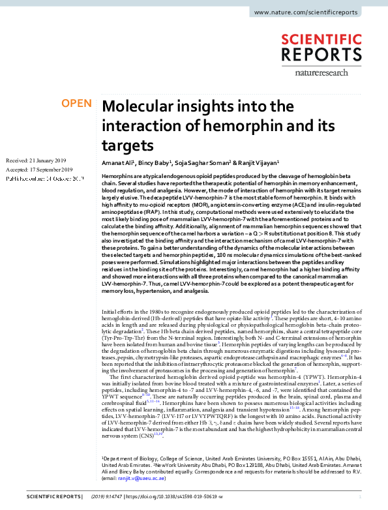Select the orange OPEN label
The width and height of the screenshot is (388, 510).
[76, 104]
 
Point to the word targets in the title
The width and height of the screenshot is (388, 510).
[128, 144]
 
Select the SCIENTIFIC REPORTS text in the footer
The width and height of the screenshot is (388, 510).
[44, 497]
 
